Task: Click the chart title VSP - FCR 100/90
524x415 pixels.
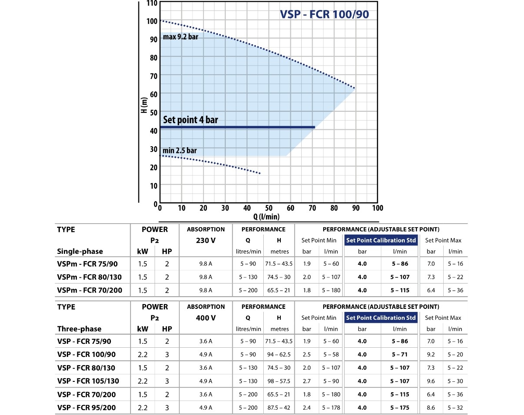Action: pos(324,14)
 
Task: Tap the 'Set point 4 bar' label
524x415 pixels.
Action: pos(190,120)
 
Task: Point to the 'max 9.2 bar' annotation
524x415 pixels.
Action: pos(180,37)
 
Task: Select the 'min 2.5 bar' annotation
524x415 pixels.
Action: pos(179,151)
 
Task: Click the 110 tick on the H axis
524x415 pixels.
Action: pos(152,3)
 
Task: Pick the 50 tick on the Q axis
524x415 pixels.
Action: pos(269,208)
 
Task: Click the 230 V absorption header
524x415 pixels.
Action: pos(206,240)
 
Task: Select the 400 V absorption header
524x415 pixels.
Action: pos(206,318)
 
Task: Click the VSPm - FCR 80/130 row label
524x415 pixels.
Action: pos(90,277)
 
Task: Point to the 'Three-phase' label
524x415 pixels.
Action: pos(79,329)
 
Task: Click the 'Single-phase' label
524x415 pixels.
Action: pos(80,252)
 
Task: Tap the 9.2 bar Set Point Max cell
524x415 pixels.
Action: pos(431,354)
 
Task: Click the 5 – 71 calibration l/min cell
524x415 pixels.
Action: pos(400,354)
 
